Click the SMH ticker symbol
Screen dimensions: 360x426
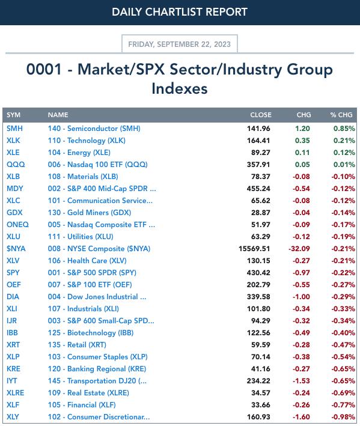[14, 129]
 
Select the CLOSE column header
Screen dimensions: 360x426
[261, 115]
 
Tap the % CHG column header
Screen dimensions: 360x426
[341, 115]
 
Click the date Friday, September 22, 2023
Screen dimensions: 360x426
[179, 44]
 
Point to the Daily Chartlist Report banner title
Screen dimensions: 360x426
[180, 12]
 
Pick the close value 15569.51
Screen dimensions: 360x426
[254, 249]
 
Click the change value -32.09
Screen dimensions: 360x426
[299, 249]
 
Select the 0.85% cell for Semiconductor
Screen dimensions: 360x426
[344, 129]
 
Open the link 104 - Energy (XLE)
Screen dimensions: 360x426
[79, 153]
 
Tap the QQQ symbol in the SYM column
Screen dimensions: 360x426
[16, 165]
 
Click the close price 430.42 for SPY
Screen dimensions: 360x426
[258, 273]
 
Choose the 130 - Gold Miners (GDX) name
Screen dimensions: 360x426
[90, 213]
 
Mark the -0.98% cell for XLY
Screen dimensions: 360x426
[343, 417]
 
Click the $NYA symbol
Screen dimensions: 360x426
[16, 249]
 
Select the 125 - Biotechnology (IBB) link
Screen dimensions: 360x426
[91, 333]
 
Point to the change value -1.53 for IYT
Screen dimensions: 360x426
[301, 381]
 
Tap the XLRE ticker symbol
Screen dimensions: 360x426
[15, 393]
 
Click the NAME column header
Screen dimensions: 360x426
[58, 115]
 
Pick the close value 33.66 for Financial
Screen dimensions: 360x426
[261, 405]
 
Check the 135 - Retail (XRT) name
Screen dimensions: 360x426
[77, 345]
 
